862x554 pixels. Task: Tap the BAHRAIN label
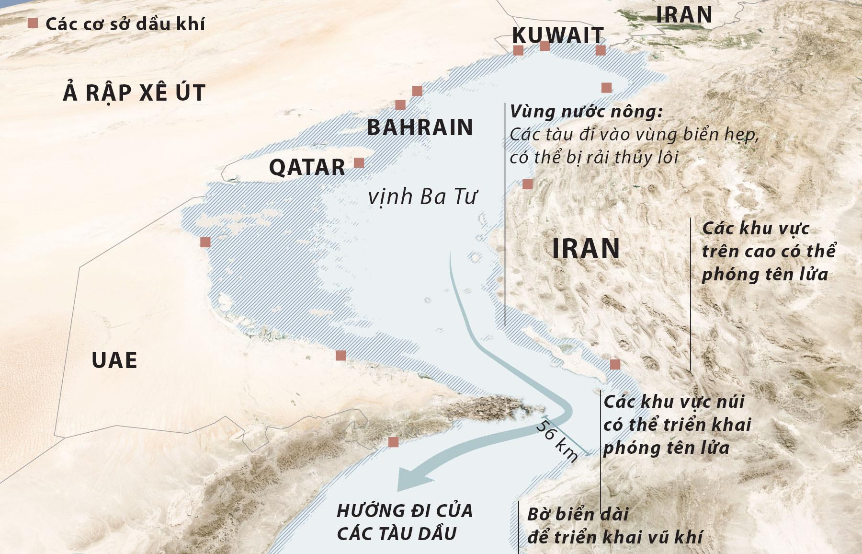420,127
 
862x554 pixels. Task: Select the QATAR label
307,167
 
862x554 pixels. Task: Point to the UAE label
114,360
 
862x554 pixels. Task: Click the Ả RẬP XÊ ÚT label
134,92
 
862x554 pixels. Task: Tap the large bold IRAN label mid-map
586,248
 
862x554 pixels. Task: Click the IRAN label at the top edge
684,15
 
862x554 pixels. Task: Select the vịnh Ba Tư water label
422,197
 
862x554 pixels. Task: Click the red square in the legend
33,23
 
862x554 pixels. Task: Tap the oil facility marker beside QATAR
359,163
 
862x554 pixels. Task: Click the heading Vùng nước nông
586,112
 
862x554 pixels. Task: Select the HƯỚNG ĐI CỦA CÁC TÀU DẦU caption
405,522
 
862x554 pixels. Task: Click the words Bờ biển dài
578,514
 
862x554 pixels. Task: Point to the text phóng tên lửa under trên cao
765,274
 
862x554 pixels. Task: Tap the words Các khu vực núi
674,402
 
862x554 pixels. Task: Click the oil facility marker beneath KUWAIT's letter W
544,46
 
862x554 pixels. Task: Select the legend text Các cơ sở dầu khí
125,24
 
